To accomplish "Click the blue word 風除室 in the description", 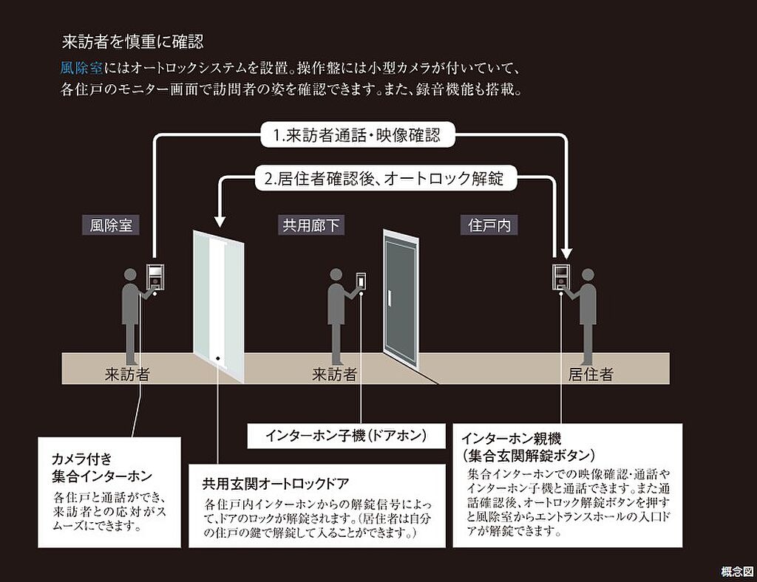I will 82,69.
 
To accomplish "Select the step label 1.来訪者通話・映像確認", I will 356,136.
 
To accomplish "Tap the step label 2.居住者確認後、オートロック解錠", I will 384,178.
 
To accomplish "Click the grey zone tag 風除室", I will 111,225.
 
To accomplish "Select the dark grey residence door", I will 401,299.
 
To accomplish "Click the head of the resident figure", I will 588,275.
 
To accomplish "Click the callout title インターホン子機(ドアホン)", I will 345,436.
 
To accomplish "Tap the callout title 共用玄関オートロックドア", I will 276,485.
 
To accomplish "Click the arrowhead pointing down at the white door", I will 219,221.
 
